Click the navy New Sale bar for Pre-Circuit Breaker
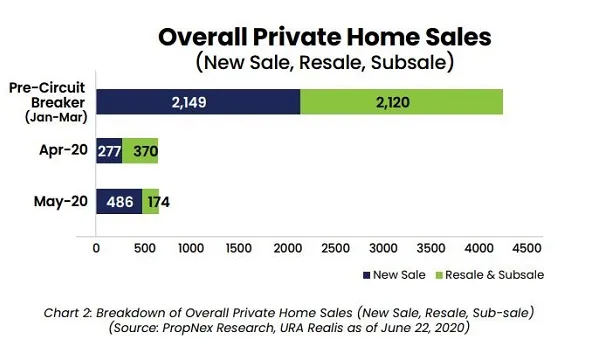coord(198,102)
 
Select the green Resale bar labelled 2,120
coord(401,102)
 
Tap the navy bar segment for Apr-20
coord(109,151)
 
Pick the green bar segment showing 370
coord(140,151)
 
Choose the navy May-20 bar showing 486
coord(119,201)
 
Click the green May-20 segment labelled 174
coord(151,201)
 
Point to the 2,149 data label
coord(189,102)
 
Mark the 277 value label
coord(109,151)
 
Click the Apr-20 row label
coord(64,150)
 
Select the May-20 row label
coord(61,201)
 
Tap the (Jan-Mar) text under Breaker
coord(56,117)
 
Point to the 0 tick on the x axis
coord(96,248)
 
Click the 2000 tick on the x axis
coord(288,248)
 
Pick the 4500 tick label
coord(527,248)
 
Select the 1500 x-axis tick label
coord(239,248)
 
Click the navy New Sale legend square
coord(367,275)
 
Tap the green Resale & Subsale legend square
coord(439,275)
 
